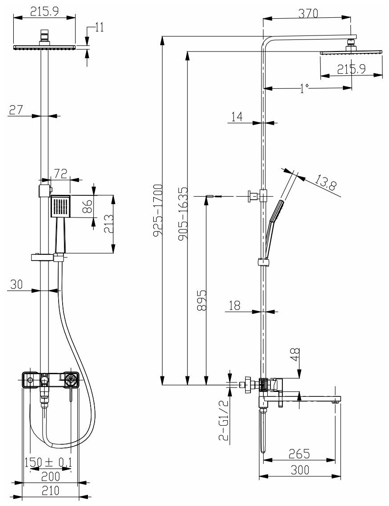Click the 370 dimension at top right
[x=308, y=13]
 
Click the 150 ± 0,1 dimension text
[x=48, y=463]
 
